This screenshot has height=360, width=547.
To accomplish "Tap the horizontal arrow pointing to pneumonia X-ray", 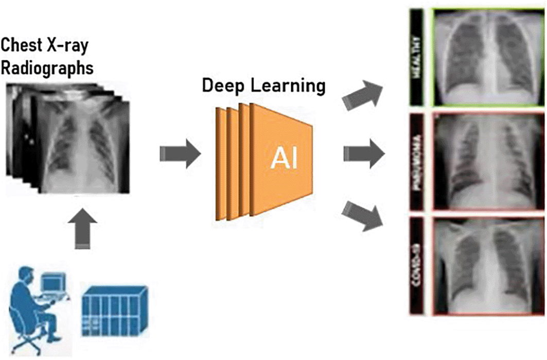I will click(363, 153).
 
